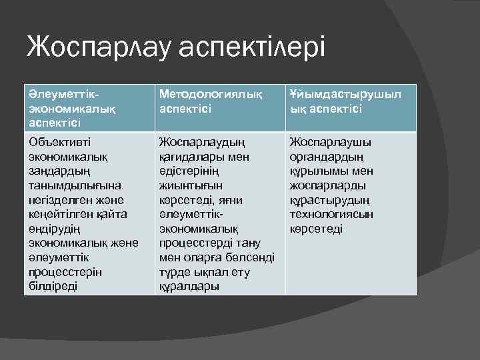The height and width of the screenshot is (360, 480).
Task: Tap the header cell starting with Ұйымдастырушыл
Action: coord(345,101)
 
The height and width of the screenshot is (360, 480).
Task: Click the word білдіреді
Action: coord(53,286)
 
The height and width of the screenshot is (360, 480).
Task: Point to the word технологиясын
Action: coord(331,214)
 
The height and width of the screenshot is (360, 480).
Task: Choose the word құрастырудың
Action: coord(327,199)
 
